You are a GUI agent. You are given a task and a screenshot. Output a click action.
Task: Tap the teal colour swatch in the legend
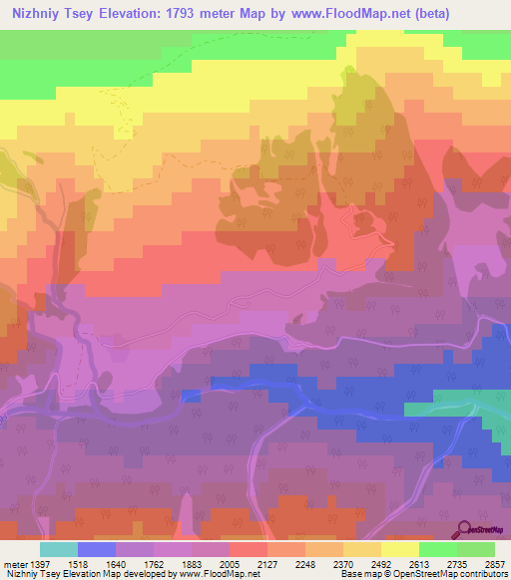(58, 549)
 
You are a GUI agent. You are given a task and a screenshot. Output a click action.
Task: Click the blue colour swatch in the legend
(97, 549)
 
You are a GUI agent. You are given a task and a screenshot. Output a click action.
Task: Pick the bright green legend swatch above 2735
(437, 549)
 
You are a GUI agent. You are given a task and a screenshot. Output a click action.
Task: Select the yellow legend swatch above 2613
(399, 549)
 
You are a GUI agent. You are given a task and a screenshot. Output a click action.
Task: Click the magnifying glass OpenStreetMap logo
(465, 529)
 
